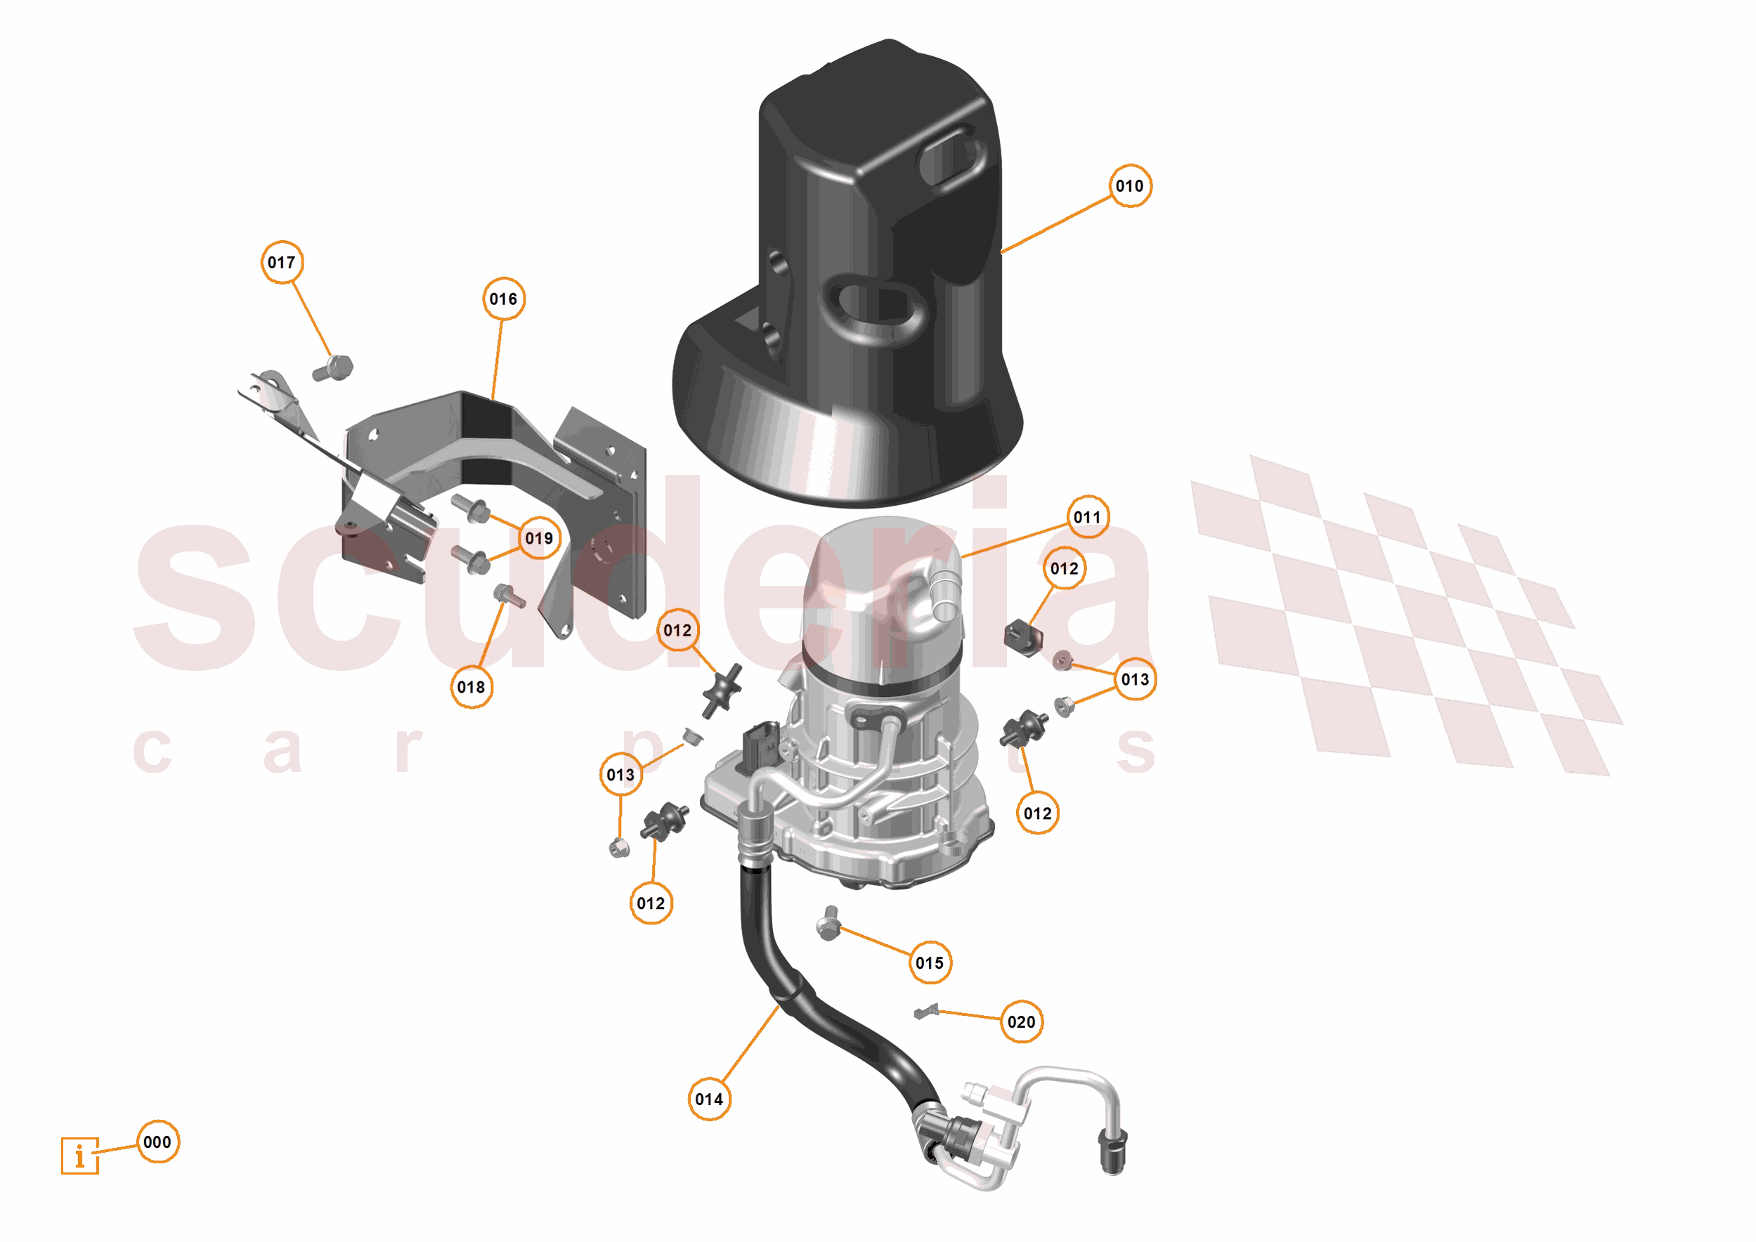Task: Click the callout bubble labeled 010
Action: click(1130, 186)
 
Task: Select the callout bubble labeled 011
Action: click(1087, 517)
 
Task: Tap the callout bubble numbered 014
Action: click(709, 1099)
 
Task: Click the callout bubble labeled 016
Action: click(503, 299)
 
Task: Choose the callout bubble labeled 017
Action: click(282, 262)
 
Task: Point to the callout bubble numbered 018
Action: click(471, 687)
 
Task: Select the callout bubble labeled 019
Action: click(539, 538)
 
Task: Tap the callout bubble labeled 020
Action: click(1021, 1021)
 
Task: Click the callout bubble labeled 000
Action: click(157, 1142)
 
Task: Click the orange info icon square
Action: click(79, 1156)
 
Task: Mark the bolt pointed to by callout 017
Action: click(334, 369)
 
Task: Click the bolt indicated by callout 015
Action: click(829, 924)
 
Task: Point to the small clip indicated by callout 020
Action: click(925, 1012)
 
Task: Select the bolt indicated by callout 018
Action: click(508, 595)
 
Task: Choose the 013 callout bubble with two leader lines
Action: click(1135, 679)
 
